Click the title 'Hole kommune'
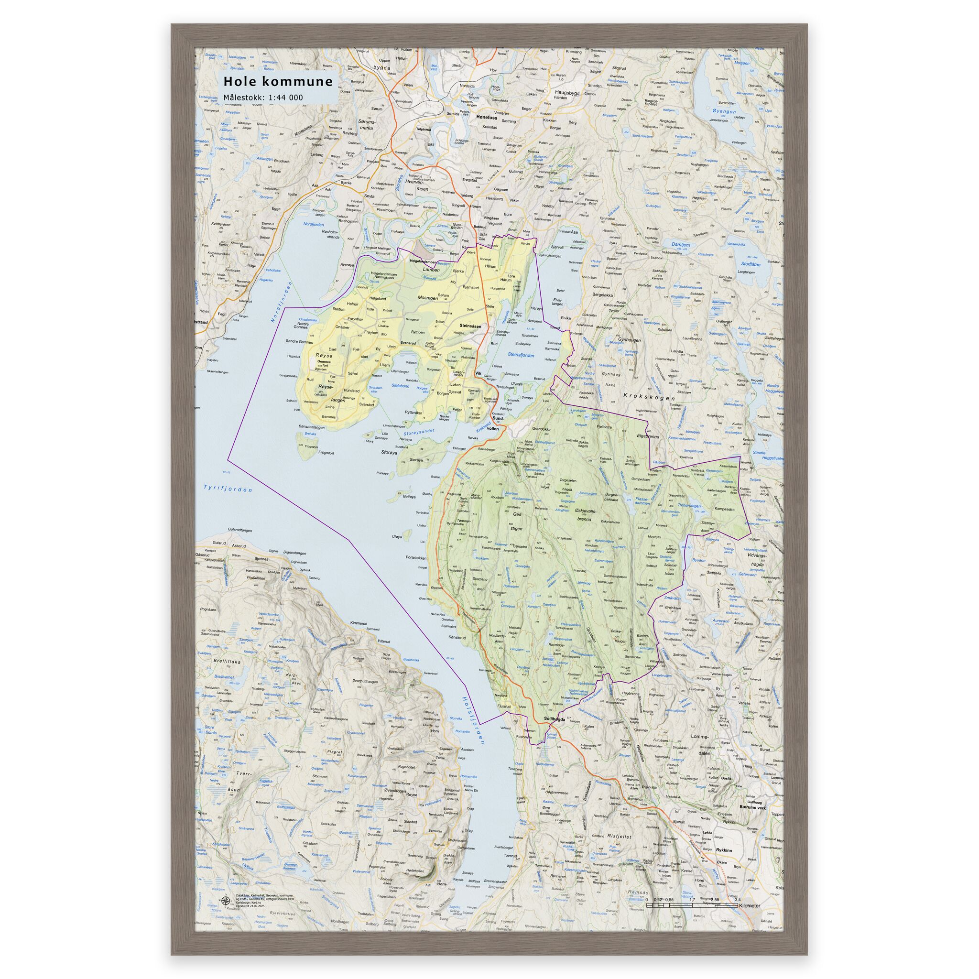point(278,82)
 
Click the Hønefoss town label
point(488,117)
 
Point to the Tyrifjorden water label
point(228,489)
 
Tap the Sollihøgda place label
point(555,718)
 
